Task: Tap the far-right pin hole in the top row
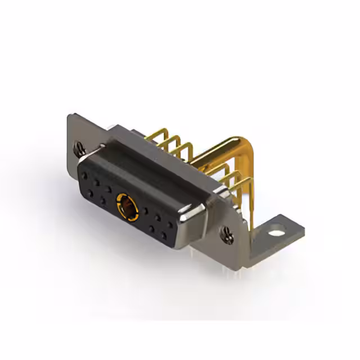coord(170,225)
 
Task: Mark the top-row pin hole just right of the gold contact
coord(146,211)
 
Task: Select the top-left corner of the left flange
coord(70,117)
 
